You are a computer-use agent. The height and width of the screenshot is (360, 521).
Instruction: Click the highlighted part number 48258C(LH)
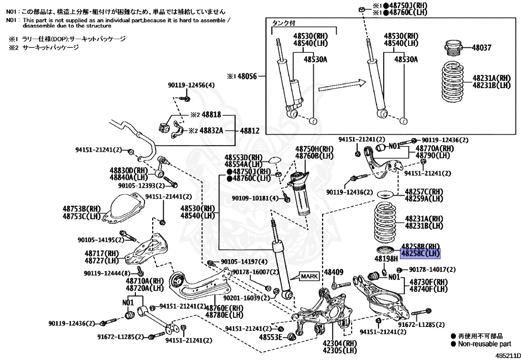pos(420,253)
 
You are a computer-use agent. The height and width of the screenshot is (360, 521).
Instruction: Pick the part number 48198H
pos(386,259)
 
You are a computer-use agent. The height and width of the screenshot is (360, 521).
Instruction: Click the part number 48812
pos(249,131)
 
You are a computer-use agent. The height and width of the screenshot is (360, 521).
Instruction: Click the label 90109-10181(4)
pos(255,198)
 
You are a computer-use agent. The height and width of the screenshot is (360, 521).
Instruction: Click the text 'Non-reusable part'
pos(484,344)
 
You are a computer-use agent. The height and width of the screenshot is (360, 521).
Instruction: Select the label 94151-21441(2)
pos(169,196)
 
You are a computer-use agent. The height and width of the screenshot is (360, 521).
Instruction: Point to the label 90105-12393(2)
pos(141,185)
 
